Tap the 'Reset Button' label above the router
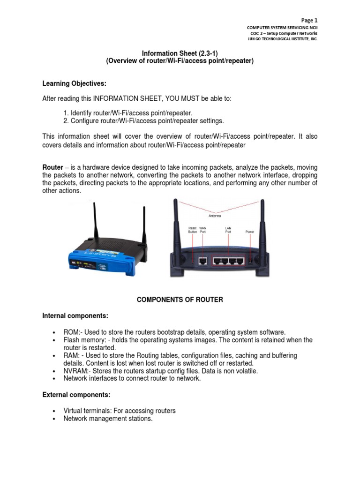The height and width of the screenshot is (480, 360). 193,230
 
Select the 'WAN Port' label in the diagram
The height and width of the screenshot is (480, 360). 203,230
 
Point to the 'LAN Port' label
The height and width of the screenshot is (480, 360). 228,230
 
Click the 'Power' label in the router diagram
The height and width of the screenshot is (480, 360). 250,232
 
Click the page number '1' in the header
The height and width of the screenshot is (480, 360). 316,20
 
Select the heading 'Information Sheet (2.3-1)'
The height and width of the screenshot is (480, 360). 180,53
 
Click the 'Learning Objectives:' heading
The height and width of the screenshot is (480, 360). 75,83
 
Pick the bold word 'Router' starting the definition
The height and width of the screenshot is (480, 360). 52,167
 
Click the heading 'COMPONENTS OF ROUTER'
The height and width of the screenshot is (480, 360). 180,300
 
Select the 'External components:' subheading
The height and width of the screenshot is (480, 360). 76,395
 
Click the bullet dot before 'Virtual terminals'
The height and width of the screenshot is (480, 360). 55,411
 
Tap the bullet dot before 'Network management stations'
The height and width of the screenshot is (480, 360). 55,419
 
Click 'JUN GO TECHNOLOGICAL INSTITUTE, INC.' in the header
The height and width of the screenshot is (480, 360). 282,39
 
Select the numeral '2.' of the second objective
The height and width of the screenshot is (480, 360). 66,120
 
